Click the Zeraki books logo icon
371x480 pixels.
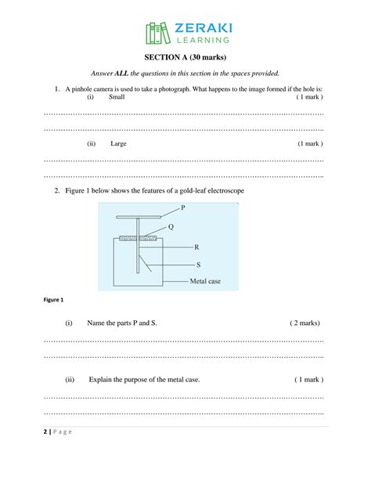tap(158, 33)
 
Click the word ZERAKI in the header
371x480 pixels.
tap(202, 28)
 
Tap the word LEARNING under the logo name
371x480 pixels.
tap(202, 41)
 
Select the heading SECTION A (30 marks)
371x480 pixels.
tap(185, 57)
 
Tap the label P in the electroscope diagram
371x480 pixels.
tap(183, 208)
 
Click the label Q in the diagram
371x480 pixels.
tap(171, 226)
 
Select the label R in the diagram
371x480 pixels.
tap(196, 246)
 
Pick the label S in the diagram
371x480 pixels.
tap(197, 264)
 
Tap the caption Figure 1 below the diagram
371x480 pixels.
tap(55, 300)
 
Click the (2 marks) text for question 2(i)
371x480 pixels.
tap(304, 323)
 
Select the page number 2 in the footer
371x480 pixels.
tap(46, 432)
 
